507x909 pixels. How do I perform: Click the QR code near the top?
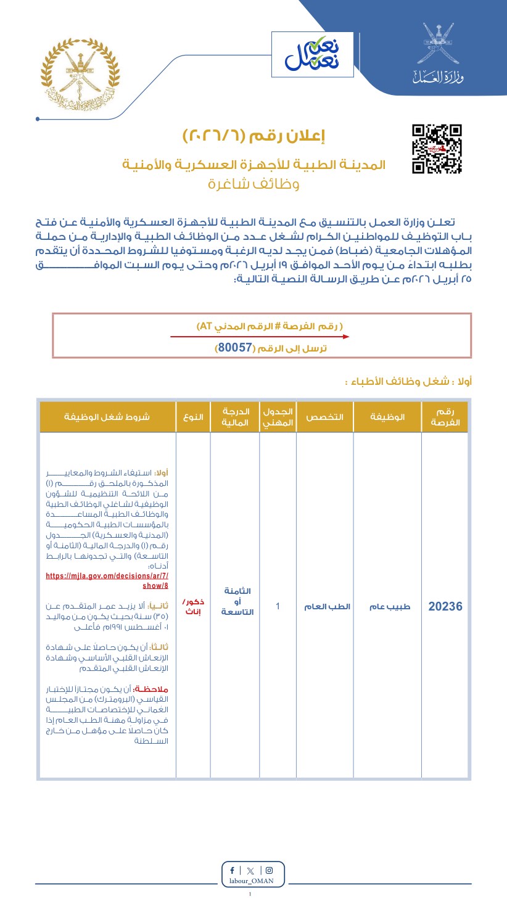pyautogui.click(x=437, y=149)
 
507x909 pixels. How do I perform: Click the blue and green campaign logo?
pyautogui.click(x=312, y=54)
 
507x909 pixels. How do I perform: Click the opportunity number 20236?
pyautogui.click(x=445, y=606)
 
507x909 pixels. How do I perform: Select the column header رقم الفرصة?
pyautogui.click(x=445, y=417)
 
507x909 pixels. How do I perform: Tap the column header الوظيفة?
pyautogui.click(x=387, y=417)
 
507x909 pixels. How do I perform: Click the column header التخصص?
pyautogui.click(x=325, y=417)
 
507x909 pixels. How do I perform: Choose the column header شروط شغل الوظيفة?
pyautogui.click(x=107, y=417)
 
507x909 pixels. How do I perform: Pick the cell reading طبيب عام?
pyautogui.click(x=387, y=606)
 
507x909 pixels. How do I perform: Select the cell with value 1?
pyautogui.click(x=278, y=606)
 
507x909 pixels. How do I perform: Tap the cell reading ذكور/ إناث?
pyautogui.click(x=193, y=606)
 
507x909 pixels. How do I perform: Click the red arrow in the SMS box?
pyautogui.click(x=260, y=337)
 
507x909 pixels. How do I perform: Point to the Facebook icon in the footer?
pyautogui.click(x=232, y=871)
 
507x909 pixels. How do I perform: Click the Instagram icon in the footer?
pyautogui.click(x=269, y=871)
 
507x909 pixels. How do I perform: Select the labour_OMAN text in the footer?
pyautogui.click(x=252, y=882)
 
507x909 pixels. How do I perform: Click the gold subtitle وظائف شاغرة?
pyautogui.click(x=253, y=184)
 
